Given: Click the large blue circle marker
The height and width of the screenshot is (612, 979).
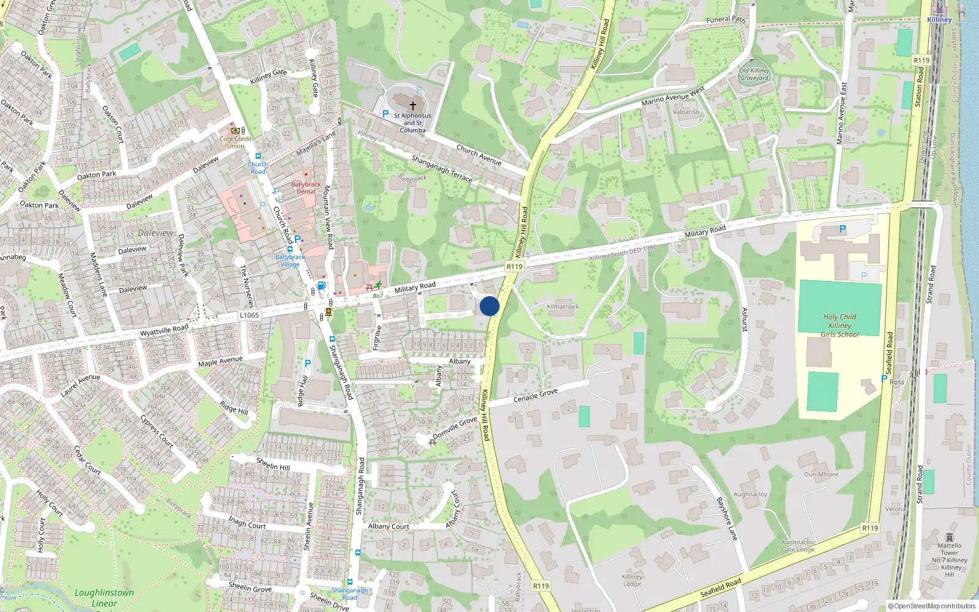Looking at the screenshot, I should (489, 306).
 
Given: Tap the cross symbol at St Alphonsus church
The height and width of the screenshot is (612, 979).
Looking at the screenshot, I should (413, 106).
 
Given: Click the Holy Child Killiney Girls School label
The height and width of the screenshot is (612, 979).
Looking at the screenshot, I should (839, 326).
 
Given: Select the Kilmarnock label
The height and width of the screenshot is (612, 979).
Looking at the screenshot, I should (563, 307).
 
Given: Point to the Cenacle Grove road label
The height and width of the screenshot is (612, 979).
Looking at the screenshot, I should (535, 396).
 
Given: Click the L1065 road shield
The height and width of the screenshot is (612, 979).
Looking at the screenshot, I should (249, 315).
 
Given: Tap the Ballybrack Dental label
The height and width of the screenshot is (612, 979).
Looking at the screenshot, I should (306, 188).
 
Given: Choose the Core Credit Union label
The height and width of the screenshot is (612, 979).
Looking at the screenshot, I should (236, 142).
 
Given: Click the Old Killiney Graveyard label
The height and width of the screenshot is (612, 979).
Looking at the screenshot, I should (754, 74).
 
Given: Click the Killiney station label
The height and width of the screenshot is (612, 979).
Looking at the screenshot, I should (939, 20).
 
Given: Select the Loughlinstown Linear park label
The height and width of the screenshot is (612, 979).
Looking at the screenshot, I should (104, 597).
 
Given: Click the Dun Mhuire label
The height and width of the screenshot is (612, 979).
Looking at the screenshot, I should (821, 474).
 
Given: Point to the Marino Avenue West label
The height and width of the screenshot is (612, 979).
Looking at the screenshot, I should (673, 96).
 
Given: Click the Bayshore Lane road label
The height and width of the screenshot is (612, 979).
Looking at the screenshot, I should (727, 518).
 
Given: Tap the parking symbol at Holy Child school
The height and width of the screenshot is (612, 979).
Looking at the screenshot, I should (843, 229).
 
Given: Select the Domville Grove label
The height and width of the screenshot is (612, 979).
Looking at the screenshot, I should (455, 427).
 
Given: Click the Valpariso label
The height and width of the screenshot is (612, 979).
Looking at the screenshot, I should (686, 112).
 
